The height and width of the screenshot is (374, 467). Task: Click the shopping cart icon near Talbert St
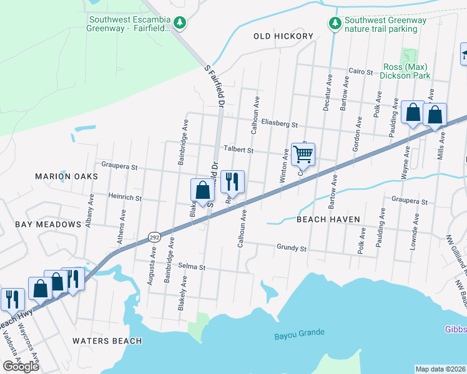point(303,153)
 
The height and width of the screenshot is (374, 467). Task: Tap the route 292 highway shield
point(154,237)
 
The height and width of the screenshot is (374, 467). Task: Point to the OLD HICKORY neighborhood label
point(283,36)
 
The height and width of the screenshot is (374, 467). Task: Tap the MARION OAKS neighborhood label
point(67,176)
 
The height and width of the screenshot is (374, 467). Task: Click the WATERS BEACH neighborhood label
point(107,341)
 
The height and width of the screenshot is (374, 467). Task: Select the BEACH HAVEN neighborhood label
point(328,219)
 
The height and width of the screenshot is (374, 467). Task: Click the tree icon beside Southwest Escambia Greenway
point(180,23)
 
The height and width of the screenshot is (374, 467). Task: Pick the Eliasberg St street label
point(280,124)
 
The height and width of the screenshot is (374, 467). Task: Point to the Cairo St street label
point(360,72)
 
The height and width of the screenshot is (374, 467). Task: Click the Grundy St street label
point(292,247)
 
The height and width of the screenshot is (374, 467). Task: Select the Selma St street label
point(191,267)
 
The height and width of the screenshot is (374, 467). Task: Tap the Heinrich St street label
point(125,198)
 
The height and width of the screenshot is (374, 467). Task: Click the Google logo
point(21,367)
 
